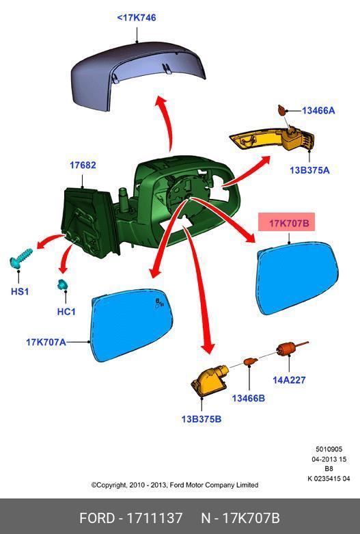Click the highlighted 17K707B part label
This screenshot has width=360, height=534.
point(289,224)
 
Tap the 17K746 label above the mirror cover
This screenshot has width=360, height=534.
point(137,18)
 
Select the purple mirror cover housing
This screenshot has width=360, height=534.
point(138,77)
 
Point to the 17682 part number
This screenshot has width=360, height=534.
point(83,165)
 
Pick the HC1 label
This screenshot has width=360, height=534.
point(66,312)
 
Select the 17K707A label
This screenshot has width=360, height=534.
point(46,342)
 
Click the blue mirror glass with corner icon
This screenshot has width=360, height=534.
point(132,325)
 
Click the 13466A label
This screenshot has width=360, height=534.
point(318,110)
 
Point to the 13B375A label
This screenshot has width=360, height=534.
point(309,170)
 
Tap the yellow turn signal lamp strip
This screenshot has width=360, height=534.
point(272,140)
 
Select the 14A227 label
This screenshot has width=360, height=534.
point(289,379)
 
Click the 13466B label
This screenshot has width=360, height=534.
point(249,398)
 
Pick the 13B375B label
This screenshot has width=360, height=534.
point(202,419)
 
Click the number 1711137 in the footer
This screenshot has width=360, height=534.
point(154,518)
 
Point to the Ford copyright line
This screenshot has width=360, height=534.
point(175,485)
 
